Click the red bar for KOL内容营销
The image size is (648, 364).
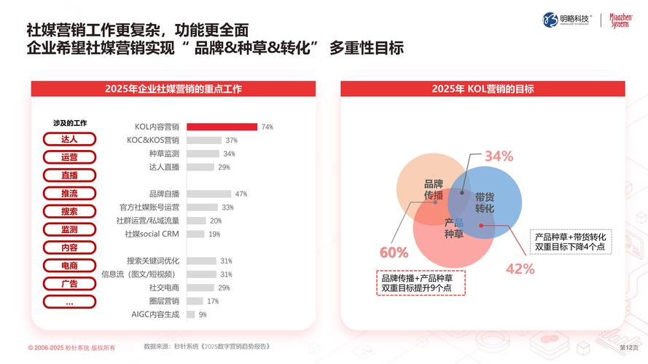pos(222,127)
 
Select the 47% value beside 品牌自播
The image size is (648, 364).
pos(241,194)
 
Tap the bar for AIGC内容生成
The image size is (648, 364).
pos(191,314)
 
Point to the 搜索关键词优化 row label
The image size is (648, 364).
pos(153,261)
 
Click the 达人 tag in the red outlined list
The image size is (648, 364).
pos(69,139)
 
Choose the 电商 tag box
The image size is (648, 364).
pos(69,266)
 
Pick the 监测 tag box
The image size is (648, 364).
pos(69,229)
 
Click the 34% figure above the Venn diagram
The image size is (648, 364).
pos(499,156)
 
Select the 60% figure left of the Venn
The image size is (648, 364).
pos(394,253)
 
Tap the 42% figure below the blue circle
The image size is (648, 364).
pos(520,269)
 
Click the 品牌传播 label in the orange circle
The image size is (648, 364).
pos(434,189)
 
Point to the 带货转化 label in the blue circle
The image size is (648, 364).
pos(485,202)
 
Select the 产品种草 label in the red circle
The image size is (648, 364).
pos(454,228)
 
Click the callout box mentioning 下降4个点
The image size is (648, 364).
pos(571,242)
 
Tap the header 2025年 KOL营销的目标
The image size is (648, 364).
pos(483,89)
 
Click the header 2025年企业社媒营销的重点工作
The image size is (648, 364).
pos(173,89)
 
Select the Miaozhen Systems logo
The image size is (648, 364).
pos(620,20)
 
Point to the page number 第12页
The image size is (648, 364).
pos(628,348)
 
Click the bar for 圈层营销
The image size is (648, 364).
pos(196,301)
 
